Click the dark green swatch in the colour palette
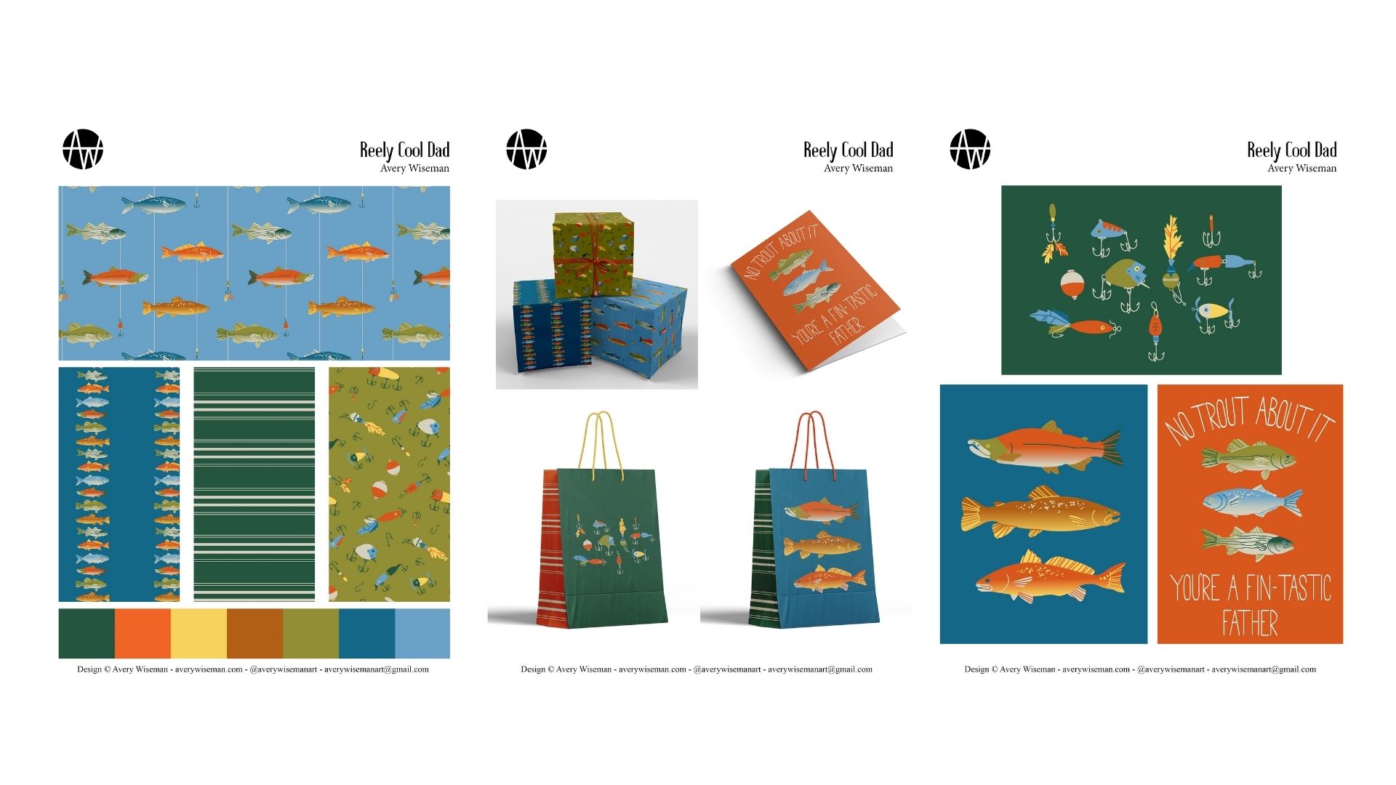[87, 633]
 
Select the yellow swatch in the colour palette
[198, 633]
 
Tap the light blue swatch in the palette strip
[422, 633]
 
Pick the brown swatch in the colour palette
[254, 633]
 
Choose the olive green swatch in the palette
[310, 633]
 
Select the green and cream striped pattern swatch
[254, 484]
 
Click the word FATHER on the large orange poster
[1250, 623]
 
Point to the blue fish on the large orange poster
[1252, 502]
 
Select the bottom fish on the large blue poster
[1050, 576]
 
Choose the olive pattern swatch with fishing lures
[389, 484]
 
